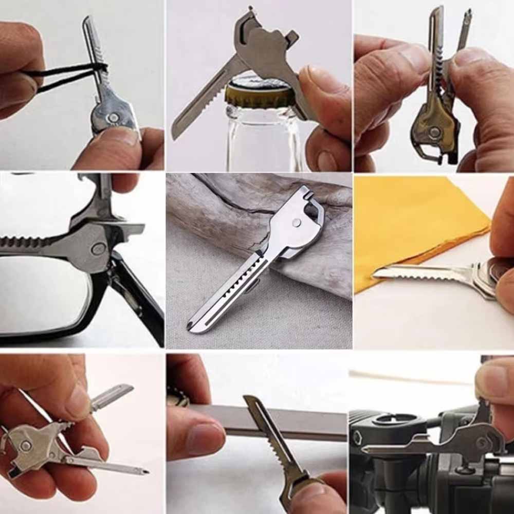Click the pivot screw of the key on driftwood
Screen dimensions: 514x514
click(x=297, y=222)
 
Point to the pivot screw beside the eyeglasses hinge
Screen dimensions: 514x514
click(x=98, y=250)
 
